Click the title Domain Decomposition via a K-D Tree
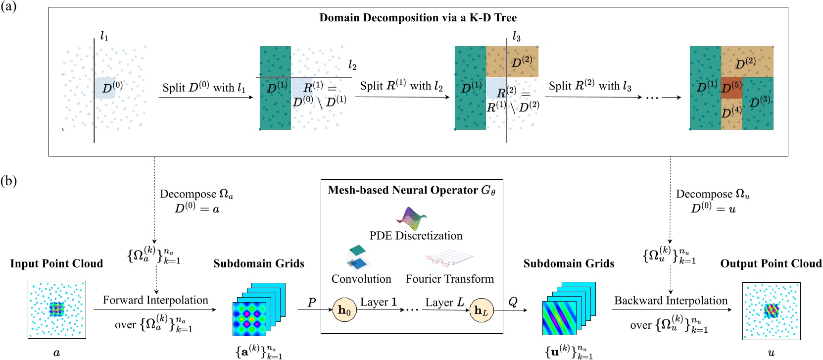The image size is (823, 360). click(x=418, y=18)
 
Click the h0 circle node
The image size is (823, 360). click(x=344, y=310)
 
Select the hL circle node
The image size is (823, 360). click(x=481, y=310)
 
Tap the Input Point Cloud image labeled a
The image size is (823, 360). click(x=57, y=309)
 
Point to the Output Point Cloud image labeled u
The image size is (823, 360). click(x=771, y=310)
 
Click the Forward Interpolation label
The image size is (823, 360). click(x=155, y=300)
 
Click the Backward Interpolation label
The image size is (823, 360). click(x=671, y=301)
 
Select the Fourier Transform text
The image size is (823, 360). click(x=449, y=279)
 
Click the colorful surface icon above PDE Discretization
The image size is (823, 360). click(x=411, y=218)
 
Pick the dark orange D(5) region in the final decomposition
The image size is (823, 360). click(x=731, y=88)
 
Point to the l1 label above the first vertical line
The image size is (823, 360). click(x=104, y=36)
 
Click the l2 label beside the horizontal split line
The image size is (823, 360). click(x=352, y=65)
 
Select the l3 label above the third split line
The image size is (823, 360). click(x=516, y=36)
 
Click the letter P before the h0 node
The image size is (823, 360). click(x=311, y=302)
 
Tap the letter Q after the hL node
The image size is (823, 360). click(x=513, y=302)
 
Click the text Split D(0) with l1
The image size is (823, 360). click(x=204, y=88)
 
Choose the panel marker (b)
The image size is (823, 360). click(x=8, y=181)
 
